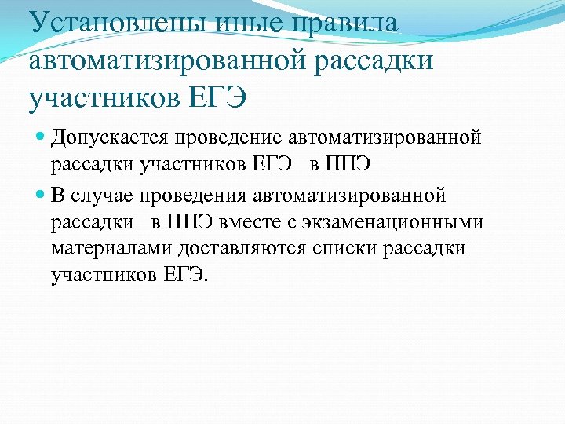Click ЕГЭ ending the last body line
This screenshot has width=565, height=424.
[x=187, y=276]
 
